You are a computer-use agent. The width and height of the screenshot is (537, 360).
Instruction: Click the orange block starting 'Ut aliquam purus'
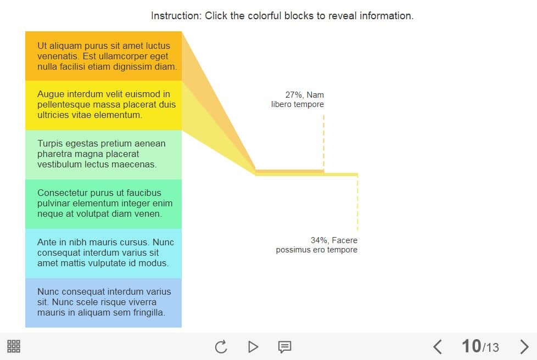click(x=103, y=56)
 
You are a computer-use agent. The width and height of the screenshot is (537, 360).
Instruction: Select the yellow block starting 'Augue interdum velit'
click(x=103, y=105)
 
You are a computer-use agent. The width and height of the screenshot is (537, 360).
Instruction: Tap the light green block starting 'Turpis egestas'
click(x=103, y=155)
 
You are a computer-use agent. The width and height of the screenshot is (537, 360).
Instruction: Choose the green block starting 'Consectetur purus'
click(x=103, y=204)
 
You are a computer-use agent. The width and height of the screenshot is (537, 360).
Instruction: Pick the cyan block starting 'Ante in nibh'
click(x=103, y=254)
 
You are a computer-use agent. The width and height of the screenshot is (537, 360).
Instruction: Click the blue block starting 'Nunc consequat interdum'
click(x=103, y=303)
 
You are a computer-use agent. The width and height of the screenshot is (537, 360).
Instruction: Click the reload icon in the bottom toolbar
click(x=221, y=347)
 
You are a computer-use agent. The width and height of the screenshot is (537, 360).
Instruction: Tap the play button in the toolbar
click(x=253, y=347)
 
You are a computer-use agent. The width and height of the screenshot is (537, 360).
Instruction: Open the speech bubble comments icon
click(x=284, y=347)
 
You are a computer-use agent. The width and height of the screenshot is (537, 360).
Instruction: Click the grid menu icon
click(x=14, y=346)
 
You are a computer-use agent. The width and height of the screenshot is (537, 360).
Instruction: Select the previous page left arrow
click(x=437, y=347)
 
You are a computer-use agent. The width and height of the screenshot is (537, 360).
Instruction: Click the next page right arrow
click(x=524, y=347)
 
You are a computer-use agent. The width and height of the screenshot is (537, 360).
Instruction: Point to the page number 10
click(x=471, y=346)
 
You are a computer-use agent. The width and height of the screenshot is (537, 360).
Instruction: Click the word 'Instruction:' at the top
click(x=176, y=16)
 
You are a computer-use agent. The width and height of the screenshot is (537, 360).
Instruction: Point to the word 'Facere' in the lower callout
click(x=344, y=240)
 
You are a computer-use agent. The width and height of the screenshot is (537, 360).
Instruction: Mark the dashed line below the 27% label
click(x=323, y=142)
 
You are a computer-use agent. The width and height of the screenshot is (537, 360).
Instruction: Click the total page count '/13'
click(x=490, y=348)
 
